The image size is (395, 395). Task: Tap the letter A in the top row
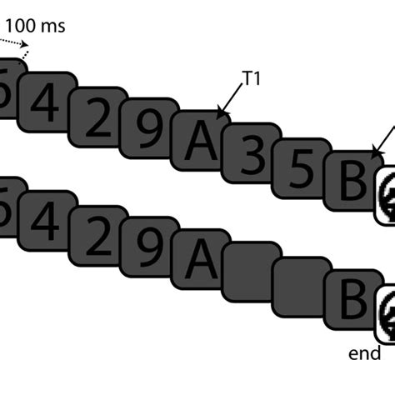click(x=197, y=143)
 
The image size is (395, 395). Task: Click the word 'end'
click(x=365, y=354)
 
